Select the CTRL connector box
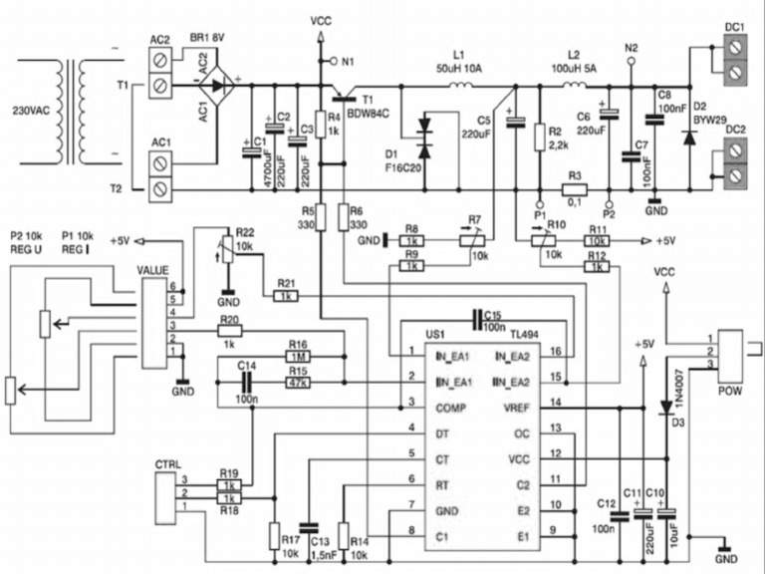[x=167, y=493]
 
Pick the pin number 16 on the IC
[x=556, y=352]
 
